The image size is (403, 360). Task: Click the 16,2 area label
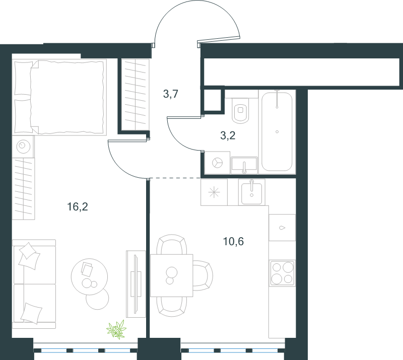click(78, 206)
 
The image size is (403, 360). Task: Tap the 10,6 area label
click(233, 241)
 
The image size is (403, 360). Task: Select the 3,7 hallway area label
click(170, 94)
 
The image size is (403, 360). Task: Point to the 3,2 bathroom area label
click(228, 135)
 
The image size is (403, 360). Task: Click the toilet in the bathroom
click(241, 110)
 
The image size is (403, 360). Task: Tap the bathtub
click(277, 131)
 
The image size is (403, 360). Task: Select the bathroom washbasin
click(244, 165)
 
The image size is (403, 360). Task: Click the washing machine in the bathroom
click(217, 163)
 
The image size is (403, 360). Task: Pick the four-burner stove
click(282, 273)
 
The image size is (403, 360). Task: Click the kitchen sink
click(251, 192)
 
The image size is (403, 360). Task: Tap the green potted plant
click(116, 329)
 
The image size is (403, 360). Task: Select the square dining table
click(171, 275)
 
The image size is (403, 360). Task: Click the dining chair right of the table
click(203, 275)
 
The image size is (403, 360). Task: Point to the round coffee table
click(89, 276)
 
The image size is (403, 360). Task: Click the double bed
click(59, 97)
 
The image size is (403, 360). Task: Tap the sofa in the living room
click(34, 284)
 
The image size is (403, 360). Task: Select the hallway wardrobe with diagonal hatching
click(135, 95)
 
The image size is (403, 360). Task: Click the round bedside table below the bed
click(23, 147)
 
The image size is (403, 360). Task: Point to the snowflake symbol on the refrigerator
click(214, 192)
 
